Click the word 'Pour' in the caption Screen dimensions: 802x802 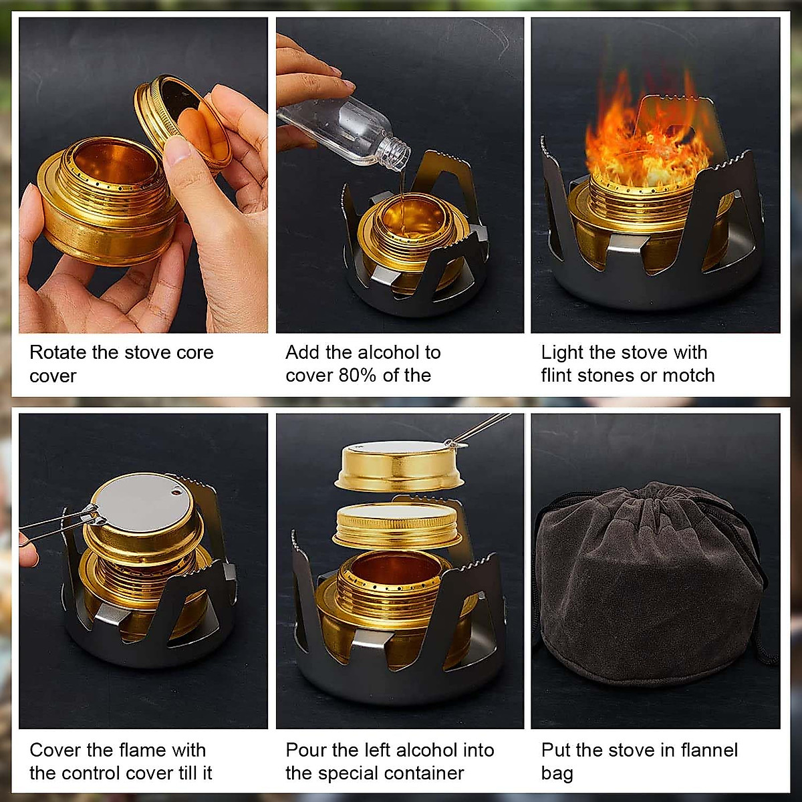click(x=306, y=750)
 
